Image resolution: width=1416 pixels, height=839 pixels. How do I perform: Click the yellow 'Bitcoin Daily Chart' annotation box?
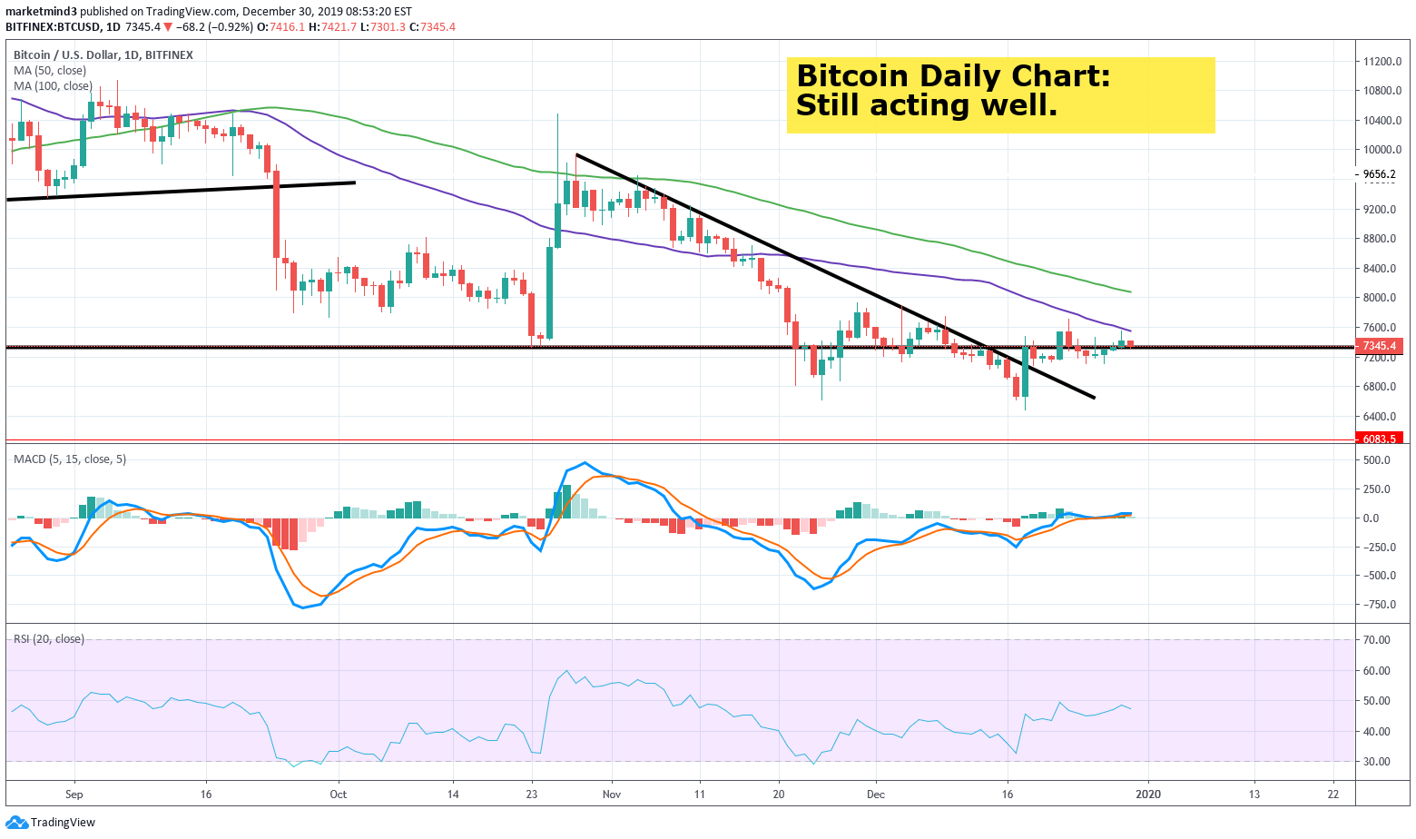[1000, 94]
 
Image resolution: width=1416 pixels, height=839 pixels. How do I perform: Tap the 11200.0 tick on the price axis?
[1382, 62]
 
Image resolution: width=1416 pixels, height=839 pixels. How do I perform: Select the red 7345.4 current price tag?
[1379, 346]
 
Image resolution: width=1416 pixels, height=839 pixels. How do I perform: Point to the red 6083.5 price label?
[1379, 439]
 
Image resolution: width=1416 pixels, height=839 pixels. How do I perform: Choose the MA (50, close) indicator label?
[50, 71]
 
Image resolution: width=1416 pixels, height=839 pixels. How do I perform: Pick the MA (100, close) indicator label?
[53, 86]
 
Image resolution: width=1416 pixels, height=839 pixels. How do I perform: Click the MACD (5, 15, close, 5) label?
[70, 459]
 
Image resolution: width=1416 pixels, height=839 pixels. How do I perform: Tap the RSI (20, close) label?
[49, 639]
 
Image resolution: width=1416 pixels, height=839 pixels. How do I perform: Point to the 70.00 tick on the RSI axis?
[1377, 640]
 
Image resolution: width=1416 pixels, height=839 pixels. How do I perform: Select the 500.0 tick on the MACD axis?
[1377, 460]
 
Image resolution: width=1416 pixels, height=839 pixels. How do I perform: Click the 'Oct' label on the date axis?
[338, 795]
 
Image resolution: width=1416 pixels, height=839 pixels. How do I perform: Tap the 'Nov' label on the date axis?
[612, 795]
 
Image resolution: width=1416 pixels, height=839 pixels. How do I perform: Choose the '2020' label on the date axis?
[1148, 795]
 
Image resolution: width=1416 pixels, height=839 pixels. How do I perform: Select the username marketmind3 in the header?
[41, 12]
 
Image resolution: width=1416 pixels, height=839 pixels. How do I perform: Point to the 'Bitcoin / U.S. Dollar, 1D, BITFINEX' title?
[103, 55]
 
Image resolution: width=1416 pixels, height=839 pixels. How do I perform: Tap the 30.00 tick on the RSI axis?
[1377, 762]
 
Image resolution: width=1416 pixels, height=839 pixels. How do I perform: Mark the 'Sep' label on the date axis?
[74, 795]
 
